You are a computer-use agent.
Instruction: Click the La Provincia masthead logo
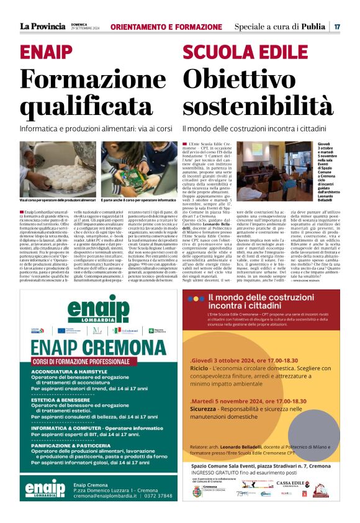click(42, 26)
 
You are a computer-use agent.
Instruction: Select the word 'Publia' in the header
click(313, 27)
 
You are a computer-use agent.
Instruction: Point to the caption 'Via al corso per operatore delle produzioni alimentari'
click(57, 200)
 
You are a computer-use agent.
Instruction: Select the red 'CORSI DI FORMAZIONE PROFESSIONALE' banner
click(90, 361)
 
